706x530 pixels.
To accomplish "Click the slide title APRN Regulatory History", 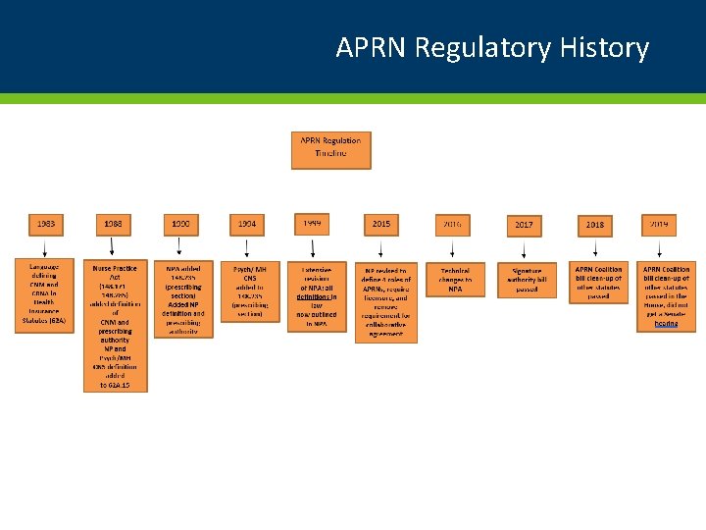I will click(491, 47).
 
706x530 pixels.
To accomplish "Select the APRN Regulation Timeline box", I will click(330, 150).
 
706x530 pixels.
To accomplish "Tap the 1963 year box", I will click(46, 225).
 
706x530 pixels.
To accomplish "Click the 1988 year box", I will click(114, 225).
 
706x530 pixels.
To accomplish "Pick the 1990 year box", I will click(180, 225).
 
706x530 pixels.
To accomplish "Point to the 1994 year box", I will click(247, 225).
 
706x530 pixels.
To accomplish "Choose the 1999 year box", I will click(313, 224).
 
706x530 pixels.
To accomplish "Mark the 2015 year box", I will click(381, 225).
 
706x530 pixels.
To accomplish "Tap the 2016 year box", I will click(452, 225).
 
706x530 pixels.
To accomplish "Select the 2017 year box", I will click(524, 226).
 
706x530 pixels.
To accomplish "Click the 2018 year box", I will click(595, 225).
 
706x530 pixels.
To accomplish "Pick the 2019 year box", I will click(659, 225).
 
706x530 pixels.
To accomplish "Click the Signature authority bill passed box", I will click(527, 280).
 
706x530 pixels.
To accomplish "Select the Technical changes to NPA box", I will click(455, 280).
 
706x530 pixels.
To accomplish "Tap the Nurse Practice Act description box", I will click(115, 326).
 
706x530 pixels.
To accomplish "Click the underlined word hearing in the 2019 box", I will click(666, 323).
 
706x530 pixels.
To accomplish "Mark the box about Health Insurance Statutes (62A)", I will click(43, 295).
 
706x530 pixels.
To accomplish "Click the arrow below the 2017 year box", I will click(524, 249).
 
